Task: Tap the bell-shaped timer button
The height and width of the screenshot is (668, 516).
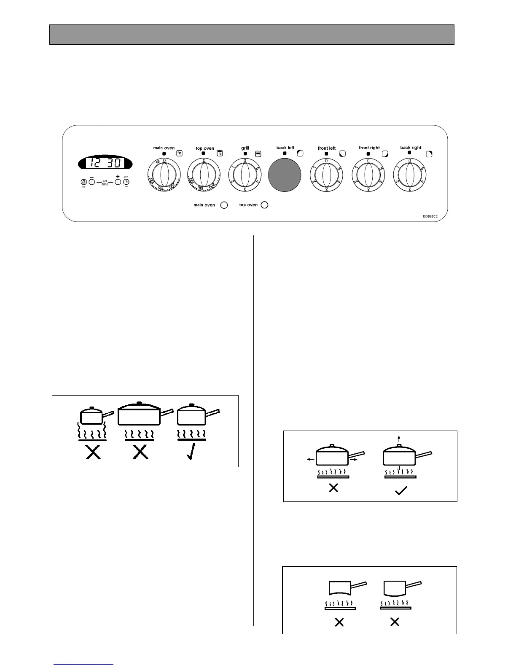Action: (83, 182)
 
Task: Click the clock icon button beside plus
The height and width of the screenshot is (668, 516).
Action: (126, 182)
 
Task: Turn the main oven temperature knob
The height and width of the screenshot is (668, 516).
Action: (164, 175)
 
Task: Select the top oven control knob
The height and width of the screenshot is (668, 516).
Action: (204, 175)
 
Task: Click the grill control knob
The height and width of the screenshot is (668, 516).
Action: (245, 175)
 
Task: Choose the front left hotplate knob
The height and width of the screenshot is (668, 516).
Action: (326, 175)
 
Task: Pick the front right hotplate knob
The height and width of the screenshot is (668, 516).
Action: (368, 175)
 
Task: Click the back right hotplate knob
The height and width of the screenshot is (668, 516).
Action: (410, 175)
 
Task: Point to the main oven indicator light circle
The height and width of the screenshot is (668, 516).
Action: (224, 205)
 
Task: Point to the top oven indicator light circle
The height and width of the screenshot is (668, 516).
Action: (264, 205)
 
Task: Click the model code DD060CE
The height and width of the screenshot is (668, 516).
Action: (430, 216)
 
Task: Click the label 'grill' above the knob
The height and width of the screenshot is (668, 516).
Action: (245, 148)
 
